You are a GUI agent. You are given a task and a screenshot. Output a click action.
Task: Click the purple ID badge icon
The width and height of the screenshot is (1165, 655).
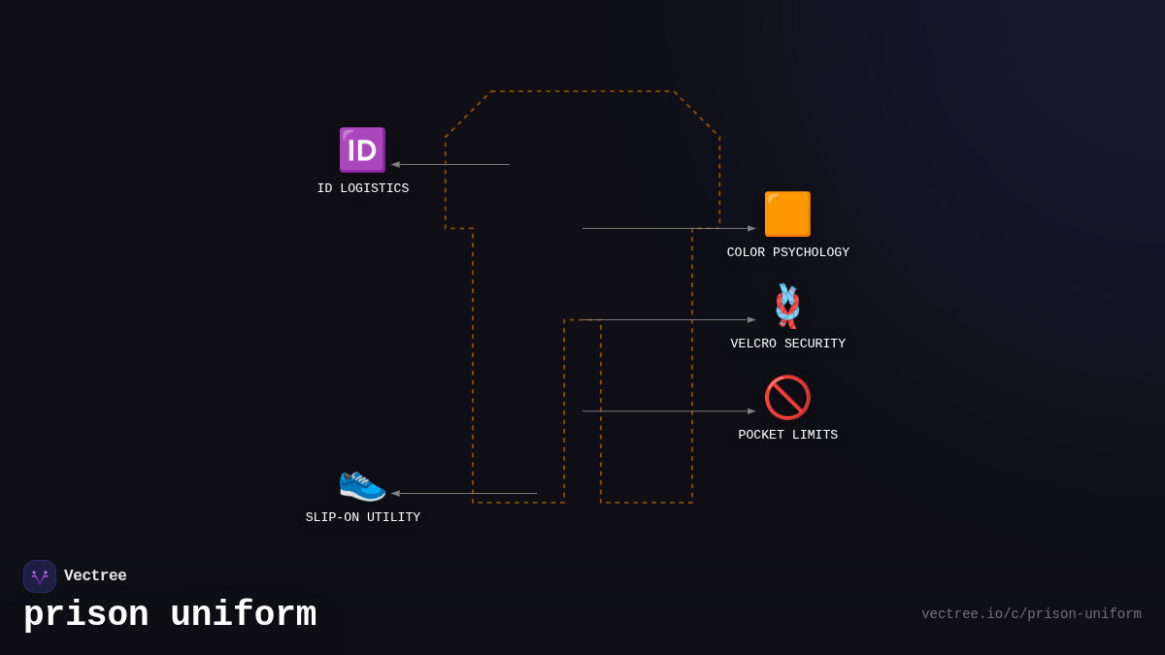tap(362, 150)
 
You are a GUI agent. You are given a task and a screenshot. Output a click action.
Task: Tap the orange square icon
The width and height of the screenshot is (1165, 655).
tap(787, 214)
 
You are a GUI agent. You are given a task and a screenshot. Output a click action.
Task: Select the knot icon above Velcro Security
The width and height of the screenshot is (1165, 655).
tap(787, 306)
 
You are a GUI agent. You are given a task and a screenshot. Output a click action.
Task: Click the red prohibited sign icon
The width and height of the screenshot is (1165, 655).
tap(787, 397)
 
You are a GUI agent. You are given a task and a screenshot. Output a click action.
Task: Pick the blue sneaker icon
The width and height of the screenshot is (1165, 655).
tap(362, 482)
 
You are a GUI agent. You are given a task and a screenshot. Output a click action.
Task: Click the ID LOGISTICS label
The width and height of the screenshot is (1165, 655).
tap(363, 189)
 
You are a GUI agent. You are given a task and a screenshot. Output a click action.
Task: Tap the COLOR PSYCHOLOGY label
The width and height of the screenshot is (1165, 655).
tap(788, 253)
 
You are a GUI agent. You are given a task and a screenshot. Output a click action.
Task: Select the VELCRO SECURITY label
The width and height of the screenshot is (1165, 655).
tap(788, 344)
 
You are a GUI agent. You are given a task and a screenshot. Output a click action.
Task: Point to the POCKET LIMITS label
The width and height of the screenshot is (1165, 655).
tap(788, 436)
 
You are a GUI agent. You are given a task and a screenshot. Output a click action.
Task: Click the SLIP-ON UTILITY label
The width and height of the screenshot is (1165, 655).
tap(363, 518)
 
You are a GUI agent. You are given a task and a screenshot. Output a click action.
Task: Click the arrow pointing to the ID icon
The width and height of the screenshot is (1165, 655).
tap(450, 165)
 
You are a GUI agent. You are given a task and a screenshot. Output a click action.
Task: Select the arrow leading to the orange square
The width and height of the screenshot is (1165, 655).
tap(669, 229)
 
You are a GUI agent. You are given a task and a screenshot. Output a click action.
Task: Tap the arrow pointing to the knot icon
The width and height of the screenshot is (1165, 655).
tap(669, 320)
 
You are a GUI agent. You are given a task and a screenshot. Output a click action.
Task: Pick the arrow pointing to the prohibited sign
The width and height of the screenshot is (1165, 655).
tap(669, 411)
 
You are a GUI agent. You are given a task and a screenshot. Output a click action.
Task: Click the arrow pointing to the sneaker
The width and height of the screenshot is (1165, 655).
tap(464, 494)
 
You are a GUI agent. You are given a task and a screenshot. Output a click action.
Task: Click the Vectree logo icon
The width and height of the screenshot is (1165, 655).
tap(40, 576)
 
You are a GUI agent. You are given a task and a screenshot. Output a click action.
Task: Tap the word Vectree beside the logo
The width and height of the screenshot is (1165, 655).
tap(95, 576)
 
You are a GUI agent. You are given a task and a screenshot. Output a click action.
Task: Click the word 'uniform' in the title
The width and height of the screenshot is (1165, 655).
tap(243, 615)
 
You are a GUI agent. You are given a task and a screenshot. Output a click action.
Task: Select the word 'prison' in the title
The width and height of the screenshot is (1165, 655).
tap(86, 615)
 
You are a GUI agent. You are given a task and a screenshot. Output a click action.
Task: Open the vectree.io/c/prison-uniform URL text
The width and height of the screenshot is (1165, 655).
tap(1031, 614)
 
